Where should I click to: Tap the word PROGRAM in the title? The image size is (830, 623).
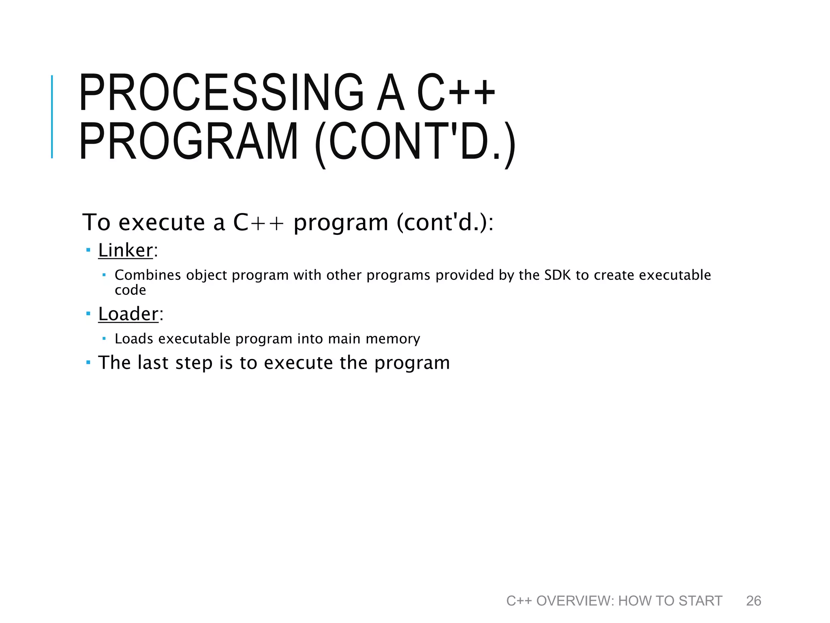pyautogui.click(x=188, y=142)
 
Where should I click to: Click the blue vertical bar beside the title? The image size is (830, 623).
pyautogui.click(x=52, y=117)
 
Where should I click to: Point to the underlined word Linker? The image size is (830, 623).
pyautogui.click(x=126, y=250)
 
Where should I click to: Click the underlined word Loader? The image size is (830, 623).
pyautogui.click(x=128, y=314)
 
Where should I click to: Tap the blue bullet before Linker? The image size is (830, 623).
pyautogui.click(x=88, y=250)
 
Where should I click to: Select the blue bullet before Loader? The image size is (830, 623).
pyautogui.click(x=88, y=314)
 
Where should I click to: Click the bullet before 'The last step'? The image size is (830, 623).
pyautogui.click(x=88, y=362)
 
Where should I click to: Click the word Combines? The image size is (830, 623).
pyautogui.click(x=148, y=275)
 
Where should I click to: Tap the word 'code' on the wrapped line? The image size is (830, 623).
pyautogui.click(x=130, y=290)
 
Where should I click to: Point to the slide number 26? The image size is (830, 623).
pyautogui.click(x=753, y=601)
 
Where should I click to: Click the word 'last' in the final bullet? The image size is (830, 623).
pyautogui.click(x=153, y=363)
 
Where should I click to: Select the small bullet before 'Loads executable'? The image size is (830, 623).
pyautogui.click(x=104, y=338)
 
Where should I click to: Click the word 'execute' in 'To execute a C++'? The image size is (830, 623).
pyautogui.click(x=161, y=223)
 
